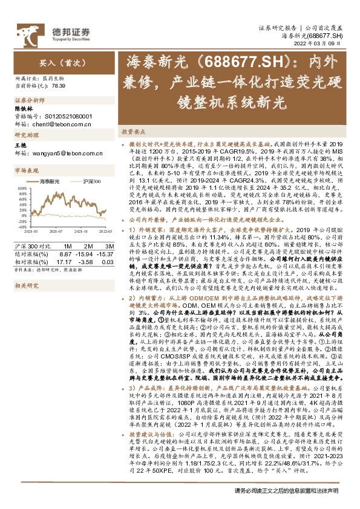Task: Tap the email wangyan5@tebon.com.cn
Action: pyautogui.click(x=61, y=153)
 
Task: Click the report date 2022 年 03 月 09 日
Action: pyautogui.click(x=319, y=44)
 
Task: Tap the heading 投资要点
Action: pyautogui.click(x=134, y=131)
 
